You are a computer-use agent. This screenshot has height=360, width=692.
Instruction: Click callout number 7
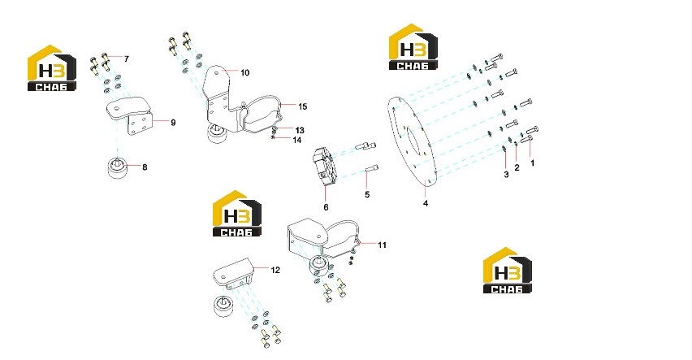coord(127,59)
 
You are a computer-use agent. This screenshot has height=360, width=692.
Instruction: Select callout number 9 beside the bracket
coord(173,123)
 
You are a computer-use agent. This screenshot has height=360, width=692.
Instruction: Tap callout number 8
coord(145,167)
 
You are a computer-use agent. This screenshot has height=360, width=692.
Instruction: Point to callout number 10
coord(245,73)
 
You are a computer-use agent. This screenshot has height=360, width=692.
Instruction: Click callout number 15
coord(302,107)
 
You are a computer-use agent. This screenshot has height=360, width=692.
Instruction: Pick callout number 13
coord(300,130)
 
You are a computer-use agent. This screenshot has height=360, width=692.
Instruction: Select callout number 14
coord(297,140)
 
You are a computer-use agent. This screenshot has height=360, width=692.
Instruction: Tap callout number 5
coord(367,195)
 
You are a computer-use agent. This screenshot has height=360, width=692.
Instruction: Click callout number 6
coord(327,207)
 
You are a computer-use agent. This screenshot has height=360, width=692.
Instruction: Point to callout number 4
coord(426,204)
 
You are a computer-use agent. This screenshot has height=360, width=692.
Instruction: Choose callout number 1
coord(532,163)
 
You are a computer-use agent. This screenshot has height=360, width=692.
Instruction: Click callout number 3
coord(506,175)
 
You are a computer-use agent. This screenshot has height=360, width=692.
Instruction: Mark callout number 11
coord(383,245)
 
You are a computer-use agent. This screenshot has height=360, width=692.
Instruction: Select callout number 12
coord(275,270)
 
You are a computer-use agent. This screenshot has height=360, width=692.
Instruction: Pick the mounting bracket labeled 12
coord(233,273)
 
